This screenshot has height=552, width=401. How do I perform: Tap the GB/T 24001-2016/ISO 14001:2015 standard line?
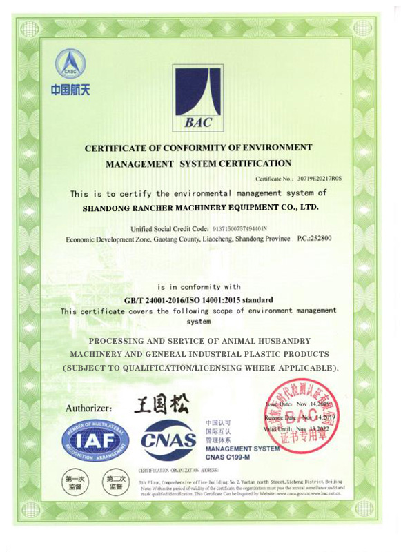[x=198, y=299]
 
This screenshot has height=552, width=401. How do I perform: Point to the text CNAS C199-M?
[x=229, y=457]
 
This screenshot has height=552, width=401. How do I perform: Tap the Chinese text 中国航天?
[x=70, y=90]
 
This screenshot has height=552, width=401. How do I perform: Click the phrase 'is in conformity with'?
[x=199, y=286]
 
